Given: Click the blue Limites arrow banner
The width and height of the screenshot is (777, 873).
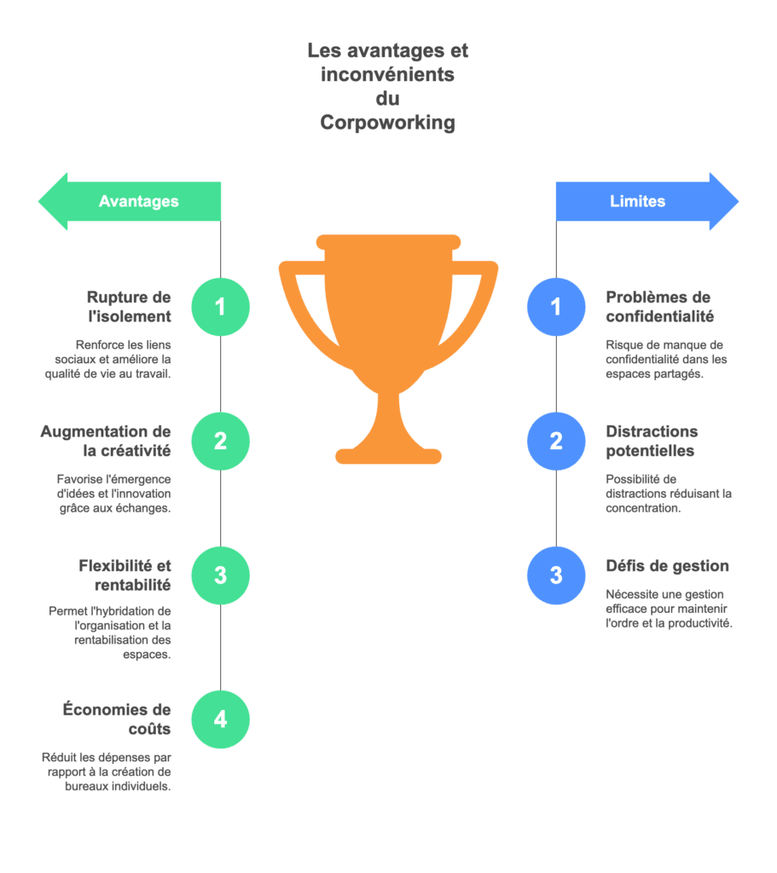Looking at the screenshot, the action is tap(647, 201).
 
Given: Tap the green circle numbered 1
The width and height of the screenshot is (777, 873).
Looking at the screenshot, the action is tap(221, 307).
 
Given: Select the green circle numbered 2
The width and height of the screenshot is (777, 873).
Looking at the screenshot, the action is tap(221, 441).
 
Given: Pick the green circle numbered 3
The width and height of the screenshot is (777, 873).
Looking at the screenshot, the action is tap(221, 575).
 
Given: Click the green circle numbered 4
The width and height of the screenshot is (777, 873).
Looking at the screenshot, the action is tap(221, 720).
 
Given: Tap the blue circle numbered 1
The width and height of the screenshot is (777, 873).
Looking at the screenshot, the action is tap(556, 307).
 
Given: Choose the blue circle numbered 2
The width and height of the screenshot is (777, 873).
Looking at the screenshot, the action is tap(556, 441).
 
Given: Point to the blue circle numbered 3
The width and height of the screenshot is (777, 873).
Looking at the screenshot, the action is tap(556, 575).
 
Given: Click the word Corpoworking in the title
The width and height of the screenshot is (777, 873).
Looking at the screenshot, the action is tap(388, 123).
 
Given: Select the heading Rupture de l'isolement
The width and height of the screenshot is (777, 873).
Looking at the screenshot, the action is tap(130, 307).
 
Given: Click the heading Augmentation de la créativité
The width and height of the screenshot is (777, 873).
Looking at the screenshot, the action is tap(106, 441).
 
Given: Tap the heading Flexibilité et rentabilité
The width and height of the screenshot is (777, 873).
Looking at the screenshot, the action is tap(125, 575).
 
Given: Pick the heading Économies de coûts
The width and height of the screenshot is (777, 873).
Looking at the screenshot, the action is tap(117, 719).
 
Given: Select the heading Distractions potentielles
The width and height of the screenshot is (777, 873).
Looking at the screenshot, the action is tap(652, 441).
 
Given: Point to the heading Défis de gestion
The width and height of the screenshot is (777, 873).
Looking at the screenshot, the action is tap(667, 566).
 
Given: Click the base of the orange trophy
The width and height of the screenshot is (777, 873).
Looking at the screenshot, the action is tap(388, 456).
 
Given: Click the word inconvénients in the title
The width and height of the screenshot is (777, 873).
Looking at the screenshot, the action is tap(388, 74).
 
